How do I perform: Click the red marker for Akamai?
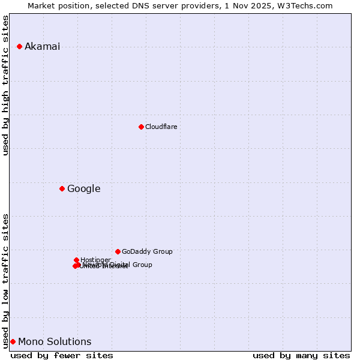(x=19, y=46)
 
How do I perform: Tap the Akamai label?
(x=42, y=47)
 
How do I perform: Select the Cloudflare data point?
(x=141, y=127)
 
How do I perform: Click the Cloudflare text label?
(x=161, y=127)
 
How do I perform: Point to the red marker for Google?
(x=62, y=188)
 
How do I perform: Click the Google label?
(x=83, y=189)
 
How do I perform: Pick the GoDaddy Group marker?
(x=118, y=251)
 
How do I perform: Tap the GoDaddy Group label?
(x=147, y=252)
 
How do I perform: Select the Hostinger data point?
(x=76, y=260)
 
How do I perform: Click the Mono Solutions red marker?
(x=13, y=341)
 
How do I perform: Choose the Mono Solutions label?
(x=55, y=342)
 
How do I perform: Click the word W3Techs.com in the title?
(x=307, y=6)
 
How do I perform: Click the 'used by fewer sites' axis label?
(x=62, y=355)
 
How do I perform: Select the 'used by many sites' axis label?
(x=301, y=355)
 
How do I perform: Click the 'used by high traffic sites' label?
(x=6, y=85)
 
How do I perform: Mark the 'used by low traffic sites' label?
(x=6, y=281)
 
